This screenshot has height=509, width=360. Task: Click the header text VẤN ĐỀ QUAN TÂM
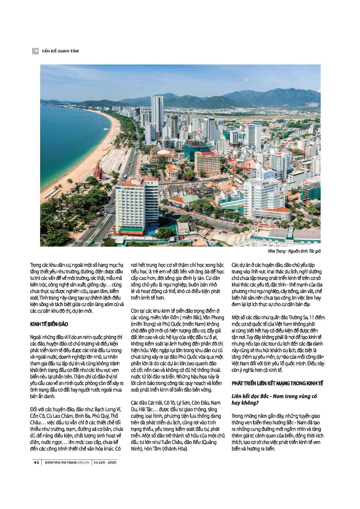[x=60, y=51]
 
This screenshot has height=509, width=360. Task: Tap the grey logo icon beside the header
[x=35, y=51]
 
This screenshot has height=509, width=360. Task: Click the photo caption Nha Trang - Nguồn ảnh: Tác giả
[x=294, y=251]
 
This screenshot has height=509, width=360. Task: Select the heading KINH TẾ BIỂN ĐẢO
[x=49, y=324]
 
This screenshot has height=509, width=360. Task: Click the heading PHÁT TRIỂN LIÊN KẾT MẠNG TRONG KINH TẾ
[x=277, y=383]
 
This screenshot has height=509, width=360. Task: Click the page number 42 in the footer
[x=36, y=462]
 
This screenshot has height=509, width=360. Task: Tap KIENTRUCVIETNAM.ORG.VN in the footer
[x=67, y=462]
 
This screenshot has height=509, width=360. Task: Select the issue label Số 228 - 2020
[x=105, y=462]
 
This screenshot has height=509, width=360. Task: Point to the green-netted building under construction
[x=195, y=149]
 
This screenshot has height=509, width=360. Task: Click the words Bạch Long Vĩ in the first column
[x=108, y=409]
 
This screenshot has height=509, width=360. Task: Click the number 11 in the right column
[x=312, y=318]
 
